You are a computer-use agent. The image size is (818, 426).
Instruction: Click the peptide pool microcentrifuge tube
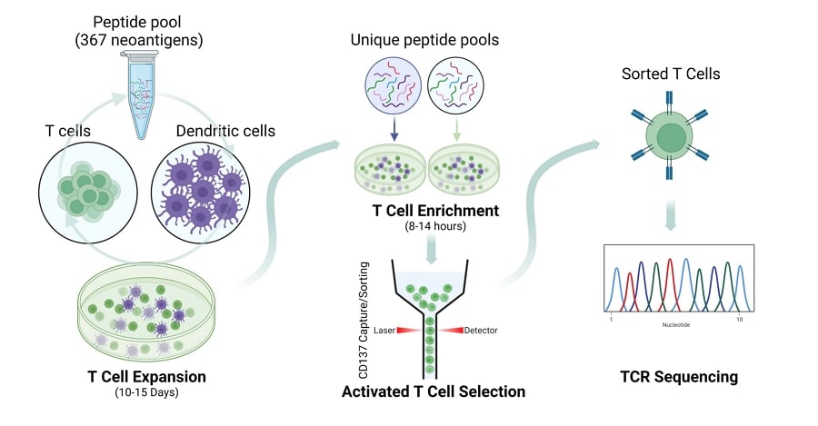(x=139, y=94)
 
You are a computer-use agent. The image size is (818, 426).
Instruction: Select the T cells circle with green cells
(x=88, y=193)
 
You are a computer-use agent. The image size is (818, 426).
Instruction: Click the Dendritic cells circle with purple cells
(x=201, y=193)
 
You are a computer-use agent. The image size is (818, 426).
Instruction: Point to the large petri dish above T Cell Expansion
(x=146, y=312)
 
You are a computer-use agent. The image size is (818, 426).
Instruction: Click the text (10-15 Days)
(x=146, y=392)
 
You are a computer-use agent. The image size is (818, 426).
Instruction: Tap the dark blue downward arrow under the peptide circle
(x=394, y=128)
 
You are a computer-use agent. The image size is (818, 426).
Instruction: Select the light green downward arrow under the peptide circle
(x=457, y=128)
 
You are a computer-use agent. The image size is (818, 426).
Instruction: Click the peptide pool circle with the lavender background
(x=393, y=85)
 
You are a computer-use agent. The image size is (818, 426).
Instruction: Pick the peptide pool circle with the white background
(x=455, y=85)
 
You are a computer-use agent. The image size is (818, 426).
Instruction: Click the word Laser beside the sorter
(x=384, y=330)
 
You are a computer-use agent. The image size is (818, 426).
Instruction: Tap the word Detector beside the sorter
(x=481, y=330)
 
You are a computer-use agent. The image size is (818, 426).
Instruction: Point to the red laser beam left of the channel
(x=410, y=330)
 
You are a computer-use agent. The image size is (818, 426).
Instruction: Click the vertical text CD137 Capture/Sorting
(x=364, y=320)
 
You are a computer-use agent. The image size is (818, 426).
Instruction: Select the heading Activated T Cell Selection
(x=434, y=391)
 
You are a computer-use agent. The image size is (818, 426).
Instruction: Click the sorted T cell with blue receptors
(x=670, y=136)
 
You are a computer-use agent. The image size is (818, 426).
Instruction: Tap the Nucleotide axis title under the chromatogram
(x=676, y=325)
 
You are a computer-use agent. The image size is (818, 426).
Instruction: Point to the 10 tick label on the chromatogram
(x=739, y=319)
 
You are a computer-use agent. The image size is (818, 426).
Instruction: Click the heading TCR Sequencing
(x=679, y=376)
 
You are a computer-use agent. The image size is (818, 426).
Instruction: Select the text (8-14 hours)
(x=435, y=226)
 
